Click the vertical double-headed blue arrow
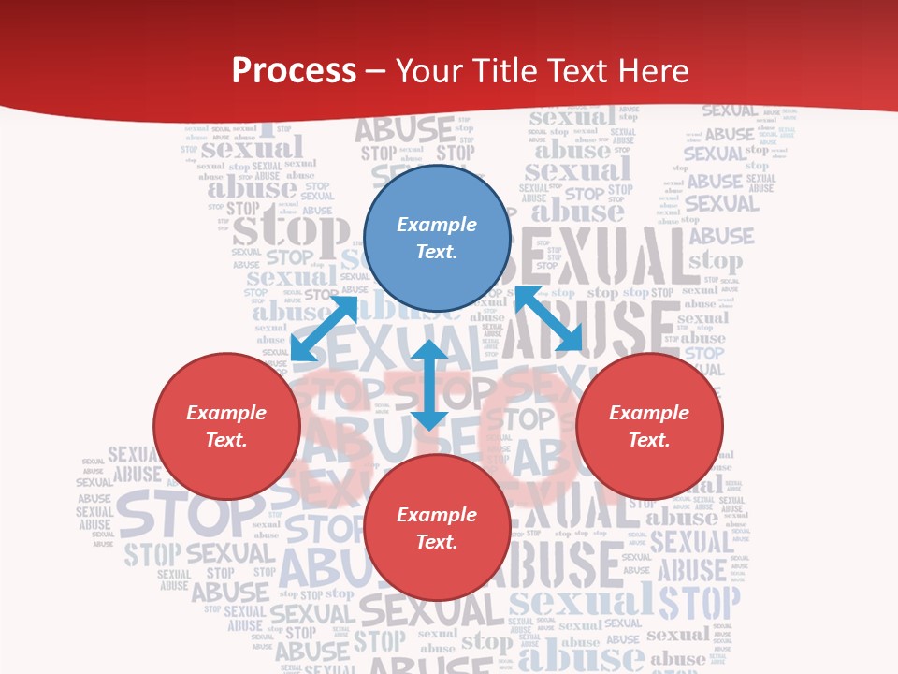(x=429, y=385)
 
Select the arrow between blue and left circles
(x=325, y=328)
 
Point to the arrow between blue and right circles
(x=549, y=318)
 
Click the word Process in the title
(x=294, y=71)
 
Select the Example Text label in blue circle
(x=437, y=238)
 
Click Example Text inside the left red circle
(x=226, y=426)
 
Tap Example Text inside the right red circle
(x=649, y=426)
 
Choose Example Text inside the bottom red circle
(x=437, y=528)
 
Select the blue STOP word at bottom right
(x=700, y=602)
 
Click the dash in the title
(x=376, y=71)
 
